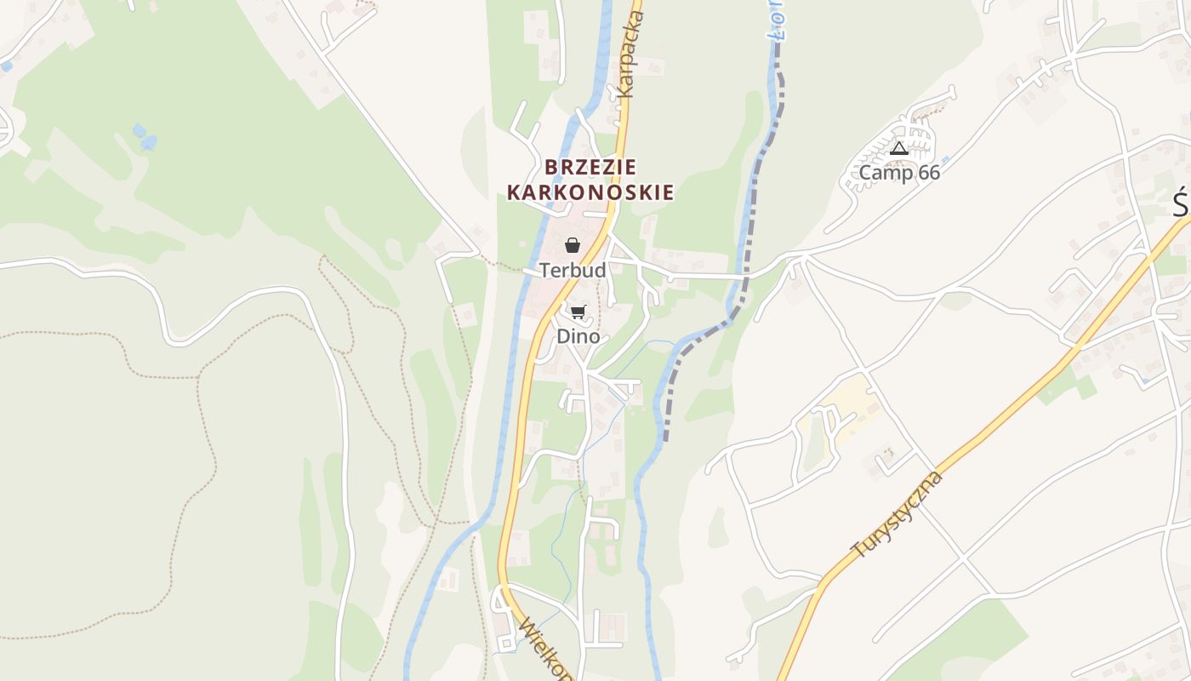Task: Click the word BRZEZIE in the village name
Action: (590, 166)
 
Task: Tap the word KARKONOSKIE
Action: (590, 192)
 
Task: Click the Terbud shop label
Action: (573, 271)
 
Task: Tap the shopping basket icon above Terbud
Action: (573, 246)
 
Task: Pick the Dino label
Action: (578, 336)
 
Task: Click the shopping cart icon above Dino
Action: (578, 312)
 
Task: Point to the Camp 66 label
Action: (899, 173)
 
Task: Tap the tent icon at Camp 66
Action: (899, 149)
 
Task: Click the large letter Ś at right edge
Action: (1181, 205)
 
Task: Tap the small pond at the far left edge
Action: (7, 66)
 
